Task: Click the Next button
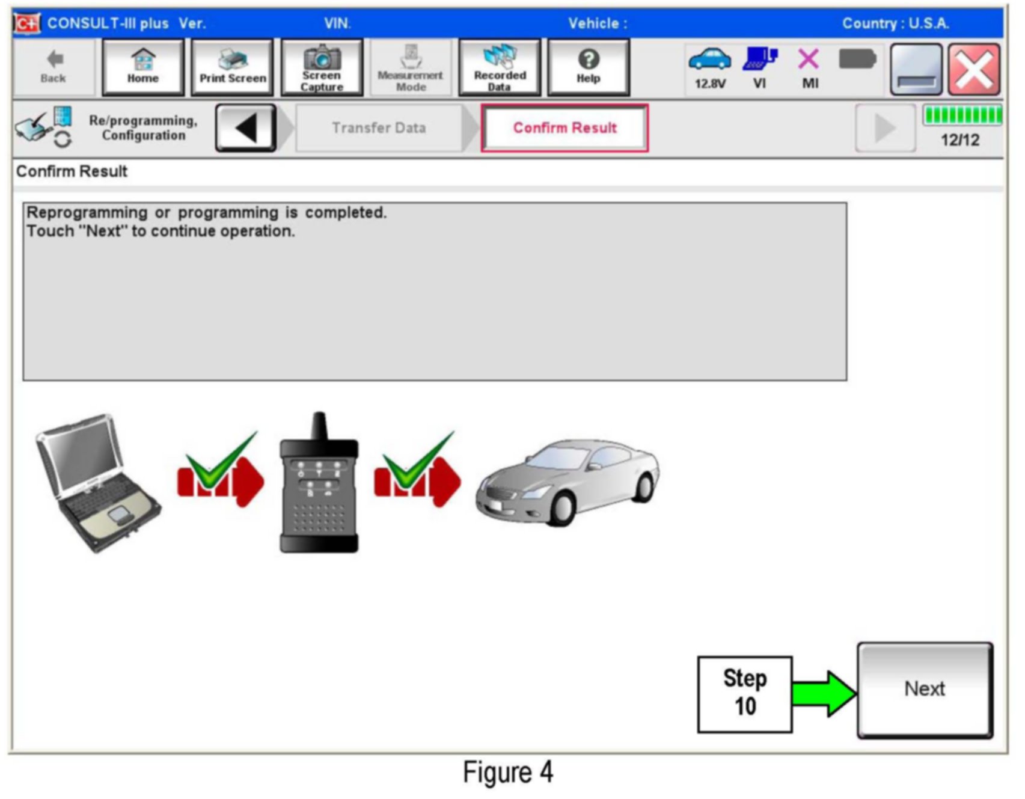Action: point(924,689)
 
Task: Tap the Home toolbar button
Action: point(143,67)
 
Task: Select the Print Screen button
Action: point(233,67)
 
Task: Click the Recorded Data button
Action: point(500,67)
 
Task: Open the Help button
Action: point(589,67)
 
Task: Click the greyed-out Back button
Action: point(54,67)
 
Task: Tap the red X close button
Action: point(974,70)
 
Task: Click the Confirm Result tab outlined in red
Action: point(565,128)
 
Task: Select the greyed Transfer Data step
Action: point(379,128)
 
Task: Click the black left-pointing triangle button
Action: point(246,128)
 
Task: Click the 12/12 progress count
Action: point(960,140)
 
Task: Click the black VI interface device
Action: point(319,484)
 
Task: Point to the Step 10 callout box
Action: point(745,694)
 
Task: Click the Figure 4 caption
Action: point(508,773)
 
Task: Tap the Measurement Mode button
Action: point(411,67)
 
